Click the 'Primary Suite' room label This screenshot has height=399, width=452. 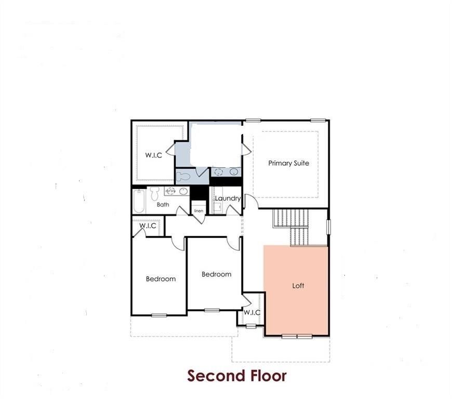[288, 163]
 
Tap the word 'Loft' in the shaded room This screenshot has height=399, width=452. [298, 286]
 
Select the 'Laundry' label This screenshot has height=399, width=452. [228, 198]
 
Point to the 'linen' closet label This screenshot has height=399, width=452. [198, 211]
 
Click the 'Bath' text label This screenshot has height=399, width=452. [163, 205]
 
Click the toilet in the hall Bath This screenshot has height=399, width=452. [154, 194]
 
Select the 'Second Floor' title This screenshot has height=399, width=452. [236, 375]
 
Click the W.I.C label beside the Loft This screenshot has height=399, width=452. [252, 313]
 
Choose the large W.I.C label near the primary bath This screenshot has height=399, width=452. [153, 155]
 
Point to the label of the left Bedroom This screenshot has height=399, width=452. [161, 279]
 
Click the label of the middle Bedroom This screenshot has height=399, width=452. [216, 274]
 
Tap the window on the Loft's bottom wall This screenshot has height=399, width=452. [297, 336]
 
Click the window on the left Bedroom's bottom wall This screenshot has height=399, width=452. [159, 315]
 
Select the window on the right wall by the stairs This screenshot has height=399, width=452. [328, 227]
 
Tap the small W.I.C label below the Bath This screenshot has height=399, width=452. [148, 225]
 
